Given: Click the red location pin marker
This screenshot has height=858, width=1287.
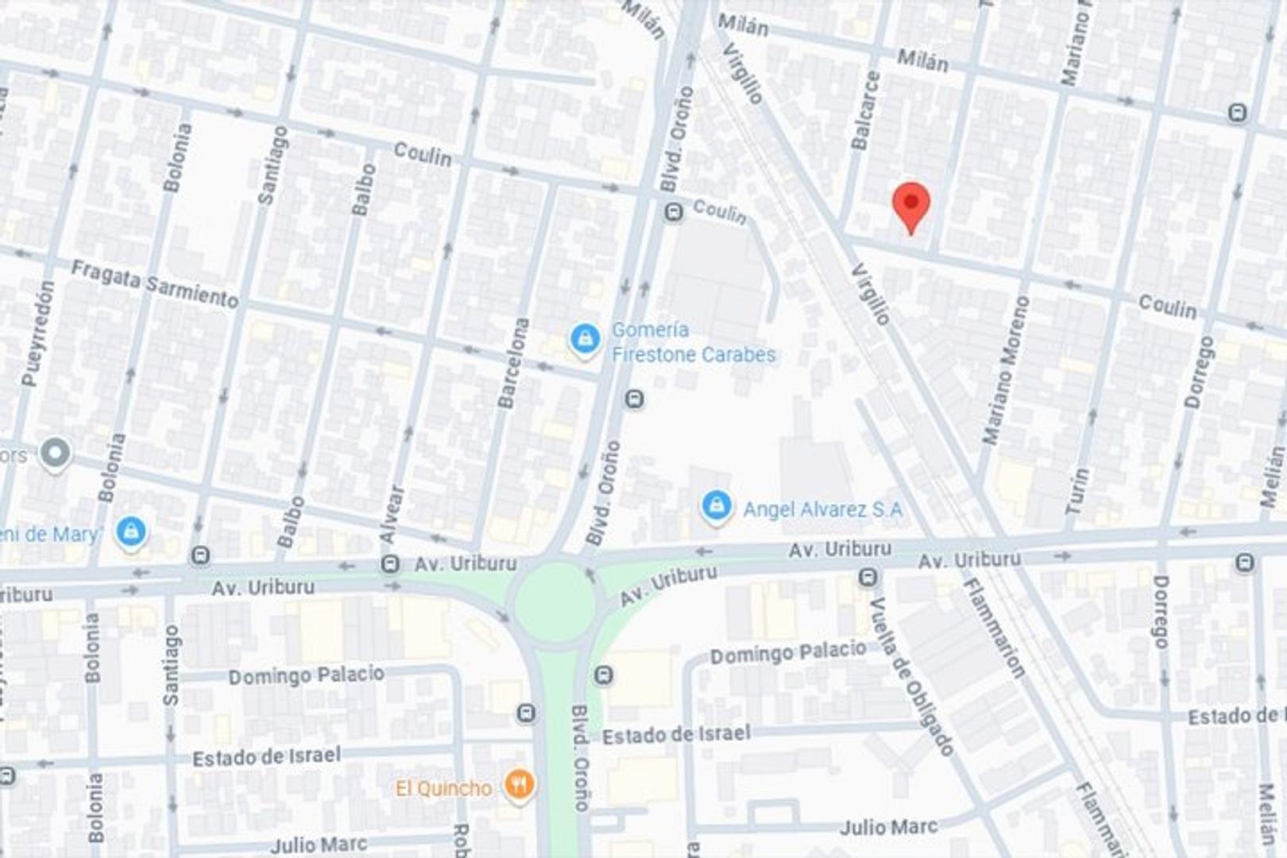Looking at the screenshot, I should (911, 205).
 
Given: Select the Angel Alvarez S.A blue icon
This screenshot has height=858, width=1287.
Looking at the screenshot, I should (717, 506).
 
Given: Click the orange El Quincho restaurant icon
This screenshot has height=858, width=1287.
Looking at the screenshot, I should (519, 786).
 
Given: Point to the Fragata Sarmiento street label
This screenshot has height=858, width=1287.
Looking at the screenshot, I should (155, 284).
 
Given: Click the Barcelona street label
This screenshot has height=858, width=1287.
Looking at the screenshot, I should (513, 363).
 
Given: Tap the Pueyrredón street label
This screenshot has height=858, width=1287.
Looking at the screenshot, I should (38, 334).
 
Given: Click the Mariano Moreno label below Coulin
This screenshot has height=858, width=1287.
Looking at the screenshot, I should (1006, 370).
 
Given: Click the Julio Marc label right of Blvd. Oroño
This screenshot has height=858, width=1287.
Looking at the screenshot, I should (888, 828).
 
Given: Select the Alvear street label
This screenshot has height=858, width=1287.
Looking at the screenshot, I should (392, 515).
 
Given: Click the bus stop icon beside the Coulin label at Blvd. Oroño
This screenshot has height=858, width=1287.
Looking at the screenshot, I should (674, 212).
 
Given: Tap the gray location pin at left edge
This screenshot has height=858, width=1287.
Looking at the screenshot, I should (55, 454).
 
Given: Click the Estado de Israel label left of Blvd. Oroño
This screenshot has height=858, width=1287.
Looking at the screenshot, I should (266, 756).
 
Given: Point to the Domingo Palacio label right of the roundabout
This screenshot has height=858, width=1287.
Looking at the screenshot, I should (787, 653).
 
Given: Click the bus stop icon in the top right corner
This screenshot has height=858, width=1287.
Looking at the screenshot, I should (1237, 113).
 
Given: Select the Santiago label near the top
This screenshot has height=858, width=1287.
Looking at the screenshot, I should (272, 165).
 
